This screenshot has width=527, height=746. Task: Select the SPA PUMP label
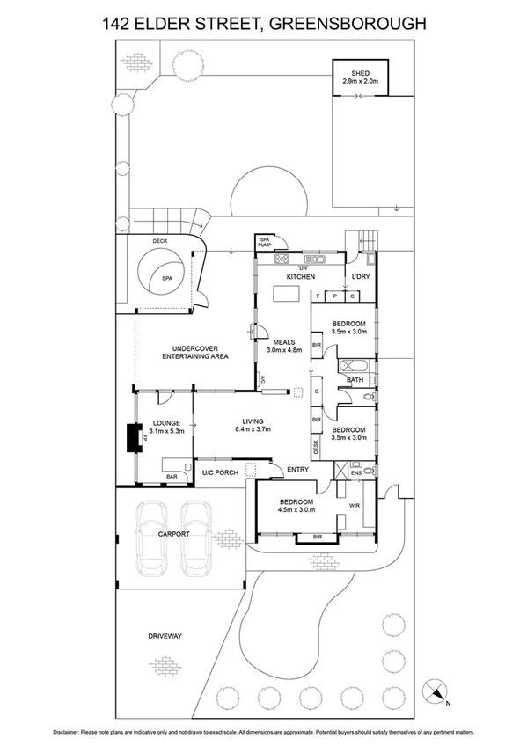263,241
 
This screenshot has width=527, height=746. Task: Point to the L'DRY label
362,277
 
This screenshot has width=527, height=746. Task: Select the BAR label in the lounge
172,476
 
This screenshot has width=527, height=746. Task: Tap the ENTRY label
298,470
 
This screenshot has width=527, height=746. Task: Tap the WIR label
356,505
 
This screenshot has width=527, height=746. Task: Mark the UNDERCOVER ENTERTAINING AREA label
194,352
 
